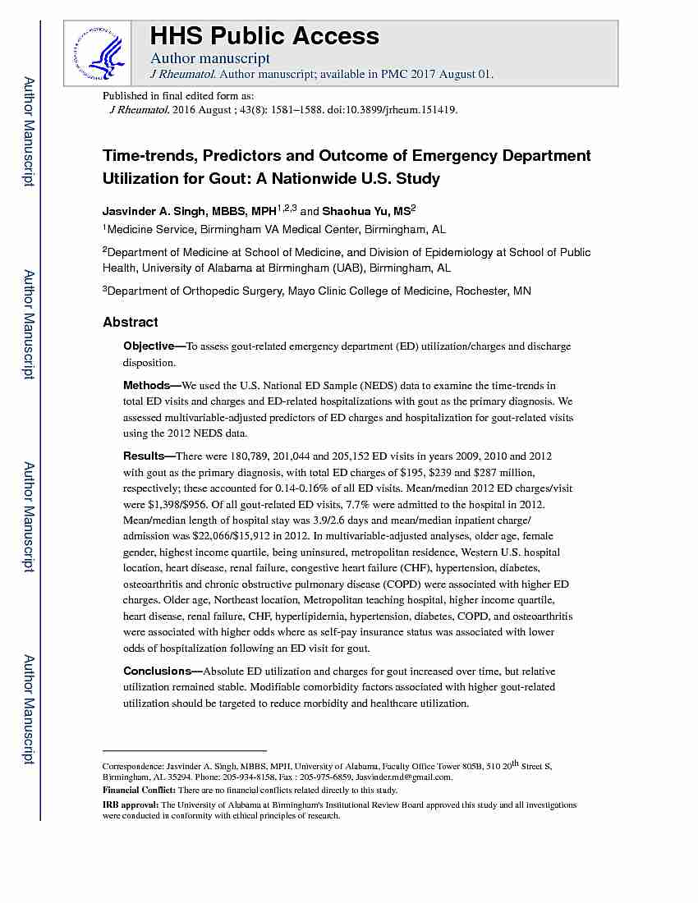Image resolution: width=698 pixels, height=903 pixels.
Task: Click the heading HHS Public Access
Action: [264, 36]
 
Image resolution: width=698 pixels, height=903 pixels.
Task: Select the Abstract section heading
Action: [130, 322]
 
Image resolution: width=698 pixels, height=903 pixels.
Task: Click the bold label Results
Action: [144, 456]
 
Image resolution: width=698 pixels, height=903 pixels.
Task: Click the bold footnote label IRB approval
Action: [130, 805]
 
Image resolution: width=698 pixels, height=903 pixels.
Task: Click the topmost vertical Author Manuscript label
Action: [28, 131]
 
